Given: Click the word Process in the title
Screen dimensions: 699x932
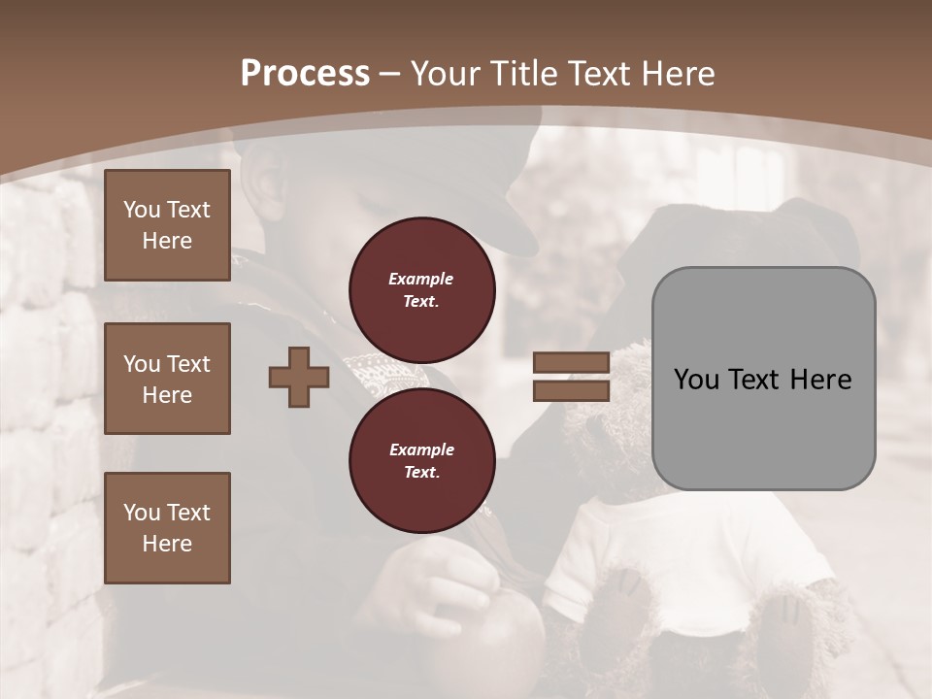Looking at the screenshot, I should point(305,74).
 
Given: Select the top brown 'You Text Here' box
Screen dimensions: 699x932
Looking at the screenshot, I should point(167,225).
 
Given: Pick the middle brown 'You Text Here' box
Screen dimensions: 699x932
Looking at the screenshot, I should point(167,379).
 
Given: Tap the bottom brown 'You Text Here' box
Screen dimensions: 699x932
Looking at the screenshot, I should point(167,527).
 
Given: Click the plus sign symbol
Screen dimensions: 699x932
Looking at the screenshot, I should point(299,378).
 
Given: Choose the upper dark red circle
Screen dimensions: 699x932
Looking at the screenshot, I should point(421,289).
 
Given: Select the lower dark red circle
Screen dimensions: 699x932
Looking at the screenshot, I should point(421,460).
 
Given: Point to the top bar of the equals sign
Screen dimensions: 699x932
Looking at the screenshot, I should point(572,362).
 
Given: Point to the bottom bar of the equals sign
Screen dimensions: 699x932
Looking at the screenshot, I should point(572,390).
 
